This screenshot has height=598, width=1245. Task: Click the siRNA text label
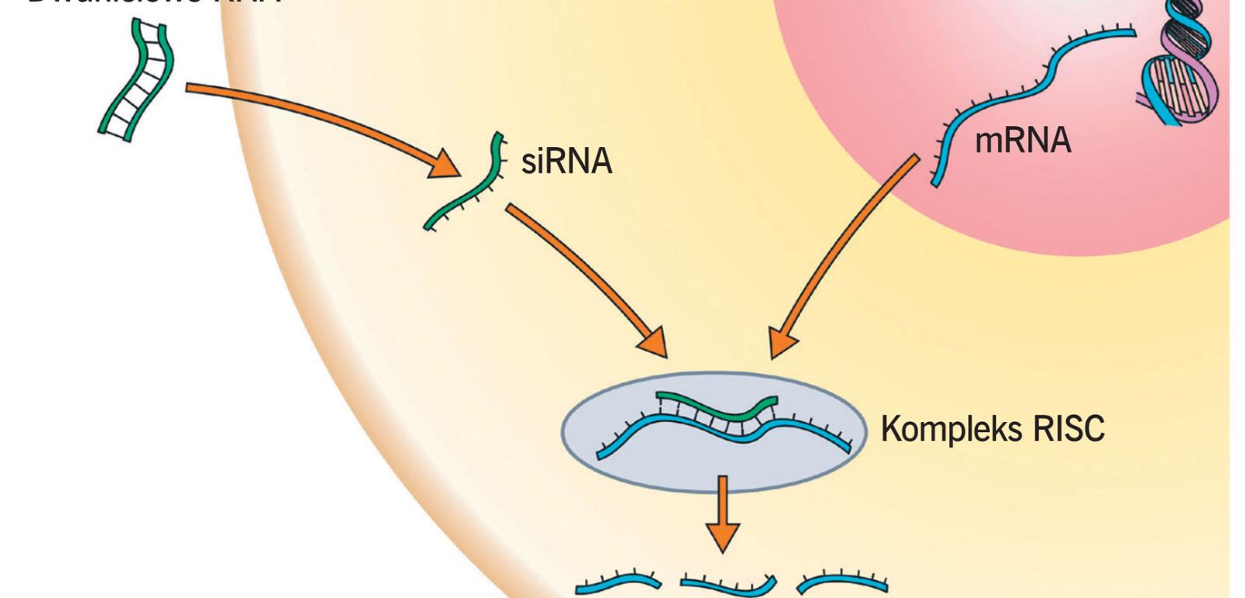(x=566, y=161)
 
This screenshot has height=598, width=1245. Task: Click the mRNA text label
(x=1022, y=141)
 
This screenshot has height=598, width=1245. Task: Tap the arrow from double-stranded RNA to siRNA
(x=311, y=117)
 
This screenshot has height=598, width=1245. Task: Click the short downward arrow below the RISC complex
(x=723, y=514)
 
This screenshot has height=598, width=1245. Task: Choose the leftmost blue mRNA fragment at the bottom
(x=619, y=582)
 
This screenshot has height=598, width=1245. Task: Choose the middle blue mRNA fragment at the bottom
(x=728, y=584)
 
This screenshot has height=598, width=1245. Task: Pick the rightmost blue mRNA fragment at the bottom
(x=844, y=581)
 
